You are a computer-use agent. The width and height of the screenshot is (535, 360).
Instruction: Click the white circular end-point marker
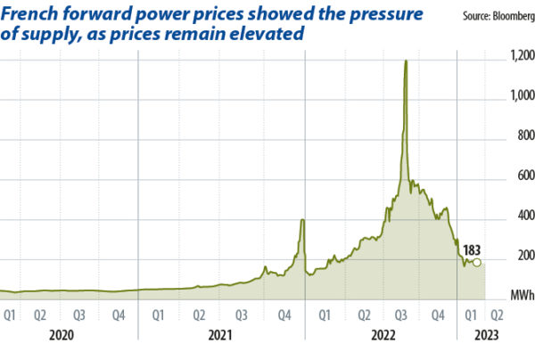477,262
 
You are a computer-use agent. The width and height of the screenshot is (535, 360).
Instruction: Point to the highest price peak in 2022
407,61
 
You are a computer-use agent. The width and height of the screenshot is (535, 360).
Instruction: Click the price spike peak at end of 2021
302,219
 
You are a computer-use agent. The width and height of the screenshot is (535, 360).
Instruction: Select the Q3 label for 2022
402,314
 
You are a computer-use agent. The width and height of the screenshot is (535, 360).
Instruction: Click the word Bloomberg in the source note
509,16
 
